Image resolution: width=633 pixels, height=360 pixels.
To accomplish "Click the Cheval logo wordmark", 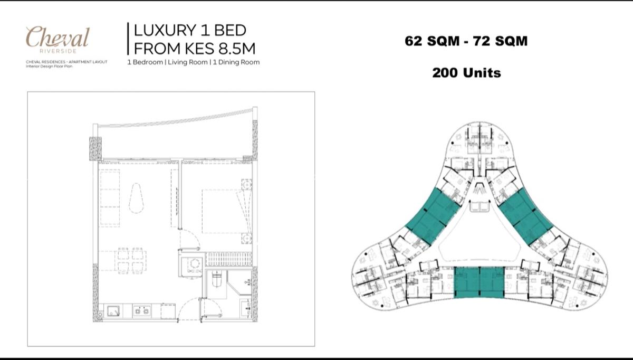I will [57, 37].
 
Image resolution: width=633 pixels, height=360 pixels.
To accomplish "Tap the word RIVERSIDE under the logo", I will [57, 51].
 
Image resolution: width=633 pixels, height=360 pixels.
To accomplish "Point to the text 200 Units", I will [466, 73].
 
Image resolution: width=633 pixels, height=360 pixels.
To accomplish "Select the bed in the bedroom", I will [222, 211].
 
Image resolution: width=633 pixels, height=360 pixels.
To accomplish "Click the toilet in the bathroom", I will [215, 278].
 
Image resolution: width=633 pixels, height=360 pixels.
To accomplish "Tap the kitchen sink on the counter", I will [114, 311].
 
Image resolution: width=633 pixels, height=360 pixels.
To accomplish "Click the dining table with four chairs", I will [129, 260].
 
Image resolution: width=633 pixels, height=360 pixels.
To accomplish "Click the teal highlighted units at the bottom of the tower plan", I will [479, 283].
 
